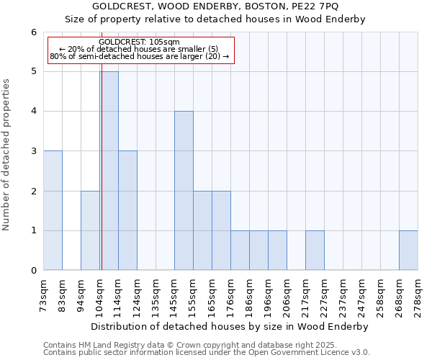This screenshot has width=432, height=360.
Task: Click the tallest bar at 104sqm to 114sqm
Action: tap(109, 171)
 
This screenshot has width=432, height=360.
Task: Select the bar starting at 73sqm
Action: tap(53, 210)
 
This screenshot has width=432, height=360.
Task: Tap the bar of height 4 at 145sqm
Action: tap(184, 191)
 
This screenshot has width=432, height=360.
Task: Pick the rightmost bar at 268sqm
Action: tap(408, 251)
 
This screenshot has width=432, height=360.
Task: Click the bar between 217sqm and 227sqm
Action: tap(315, 251)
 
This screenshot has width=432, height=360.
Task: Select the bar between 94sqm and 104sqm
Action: tap(90, 230)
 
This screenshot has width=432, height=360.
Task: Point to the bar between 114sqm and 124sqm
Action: tap(127, 210)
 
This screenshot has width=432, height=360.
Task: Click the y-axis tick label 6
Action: tap(33, 32)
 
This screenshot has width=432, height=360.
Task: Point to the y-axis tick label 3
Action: tap(33, 151)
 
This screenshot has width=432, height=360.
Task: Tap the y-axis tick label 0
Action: tap(33, 271)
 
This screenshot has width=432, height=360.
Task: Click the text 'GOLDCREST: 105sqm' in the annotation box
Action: tap(141, 42)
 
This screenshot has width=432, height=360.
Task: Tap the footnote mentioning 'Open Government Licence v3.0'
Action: tap(207, 353)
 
